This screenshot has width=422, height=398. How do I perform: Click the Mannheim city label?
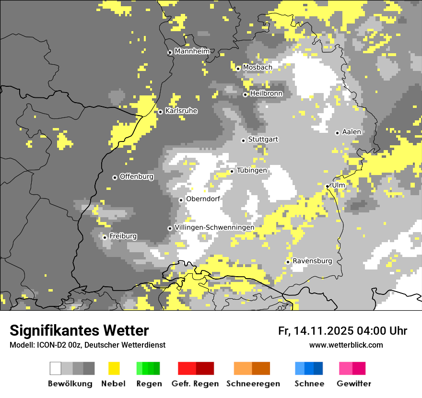(192, 51)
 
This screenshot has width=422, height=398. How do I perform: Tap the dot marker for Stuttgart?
(243, 140)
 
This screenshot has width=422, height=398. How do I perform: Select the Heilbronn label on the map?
(266, 94)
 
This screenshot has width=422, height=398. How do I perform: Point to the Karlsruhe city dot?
(160, 112)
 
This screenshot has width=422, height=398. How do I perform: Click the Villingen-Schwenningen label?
(214, 227)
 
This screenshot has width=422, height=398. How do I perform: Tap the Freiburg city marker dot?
(105, 237)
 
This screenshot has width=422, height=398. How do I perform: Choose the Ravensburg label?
(312, 261)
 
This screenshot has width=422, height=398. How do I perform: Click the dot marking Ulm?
(327, 187)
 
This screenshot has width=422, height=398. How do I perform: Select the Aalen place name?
(352, 132)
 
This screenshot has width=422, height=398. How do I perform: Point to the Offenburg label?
(137, 176)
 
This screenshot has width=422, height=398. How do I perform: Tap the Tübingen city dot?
(232, 171)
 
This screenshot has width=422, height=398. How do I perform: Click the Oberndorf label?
(203, 199)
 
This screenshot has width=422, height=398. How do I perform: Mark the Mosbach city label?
(257, 68)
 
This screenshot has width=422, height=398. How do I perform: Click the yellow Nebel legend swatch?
(114, 368)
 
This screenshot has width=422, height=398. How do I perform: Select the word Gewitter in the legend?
(354, 384)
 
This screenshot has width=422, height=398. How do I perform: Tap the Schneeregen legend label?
(253, 384)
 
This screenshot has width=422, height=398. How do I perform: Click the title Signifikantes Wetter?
(79, 331)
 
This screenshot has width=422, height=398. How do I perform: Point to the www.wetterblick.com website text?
(346, 345)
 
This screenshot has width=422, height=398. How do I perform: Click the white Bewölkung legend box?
(56, 368)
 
